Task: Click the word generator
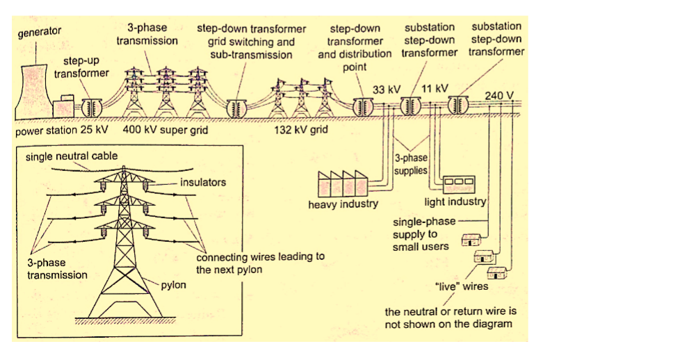point(39,31)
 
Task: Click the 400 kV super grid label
point(161,130)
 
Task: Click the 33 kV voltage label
point(387,90)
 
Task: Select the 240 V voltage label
point(498,95)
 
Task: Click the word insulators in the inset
point(203,183)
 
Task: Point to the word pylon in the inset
point(173,285)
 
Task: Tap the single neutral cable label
point(72,156)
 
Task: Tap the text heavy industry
point(343,204)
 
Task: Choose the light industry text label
point(455,202)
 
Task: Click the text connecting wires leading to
point(260,256)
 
